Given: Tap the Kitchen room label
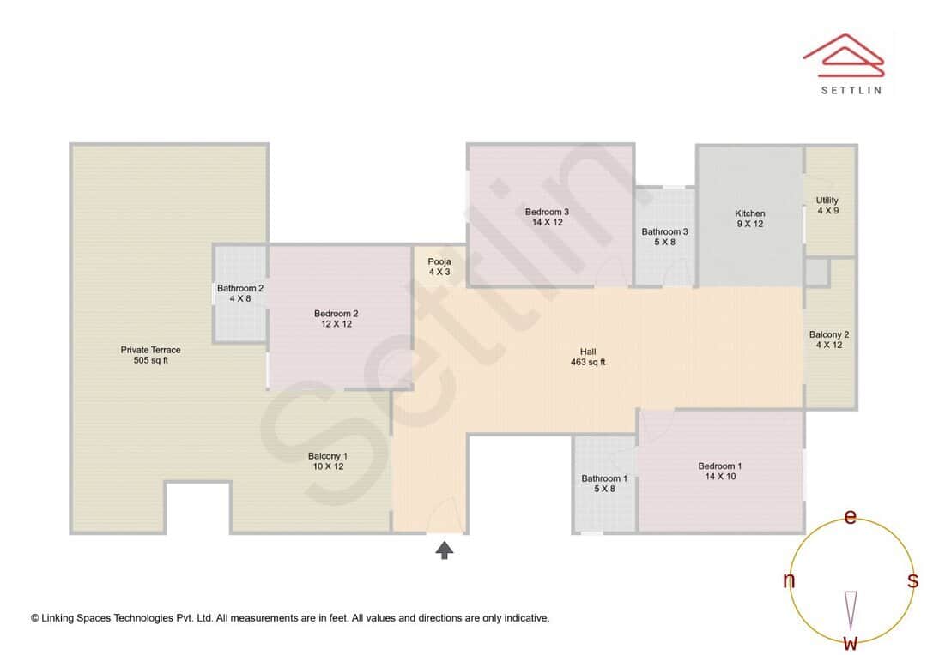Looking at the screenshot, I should coord(749,214).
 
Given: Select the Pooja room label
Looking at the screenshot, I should coord(439,261).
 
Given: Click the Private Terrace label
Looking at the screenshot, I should coord(150,350).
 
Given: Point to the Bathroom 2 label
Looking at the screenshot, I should coord(239,289).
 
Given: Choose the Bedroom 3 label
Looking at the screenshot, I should coord(547,212).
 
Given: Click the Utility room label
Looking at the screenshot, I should coord(827,201).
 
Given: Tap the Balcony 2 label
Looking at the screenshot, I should coord(828,334).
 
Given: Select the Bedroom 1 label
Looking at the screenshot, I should coord(719,466).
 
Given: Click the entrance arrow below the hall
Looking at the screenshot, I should coord(445,550).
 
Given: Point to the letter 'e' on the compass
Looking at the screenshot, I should coord(851,517).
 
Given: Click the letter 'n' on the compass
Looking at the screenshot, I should coord(789,580).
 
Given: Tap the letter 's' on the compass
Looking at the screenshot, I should coord(912,580).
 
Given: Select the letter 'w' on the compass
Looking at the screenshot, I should coord(851,642).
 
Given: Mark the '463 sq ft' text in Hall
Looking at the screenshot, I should coord(588,363).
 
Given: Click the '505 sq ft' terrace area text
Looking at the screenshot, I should coord(150,361).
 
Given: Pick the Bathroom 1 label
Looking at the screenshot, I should coord(603,478).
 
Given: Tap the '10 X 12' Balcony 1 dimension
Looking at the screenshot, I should coord(327,467).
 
